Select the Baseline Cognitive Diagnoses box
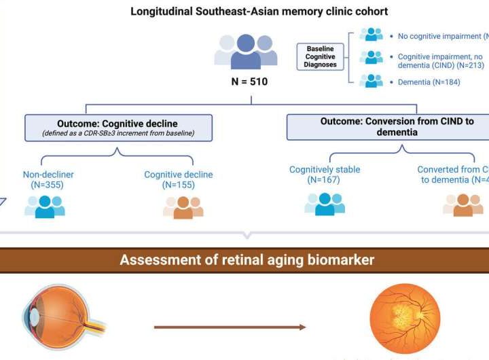point(320,57)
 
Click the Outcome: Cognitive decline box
point(118,128)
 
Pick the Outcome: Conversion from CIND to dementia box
point(388,126)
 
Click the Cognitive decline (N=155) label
point(178,180)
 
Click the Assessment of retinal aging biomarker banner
point(247,259)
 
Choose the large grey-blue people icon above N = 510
point(245,50)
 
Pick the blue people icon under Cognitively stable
point(324,203)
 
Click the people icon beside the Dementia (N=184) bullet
point(371,81)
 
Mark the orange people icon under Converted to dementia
point(463,204)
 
